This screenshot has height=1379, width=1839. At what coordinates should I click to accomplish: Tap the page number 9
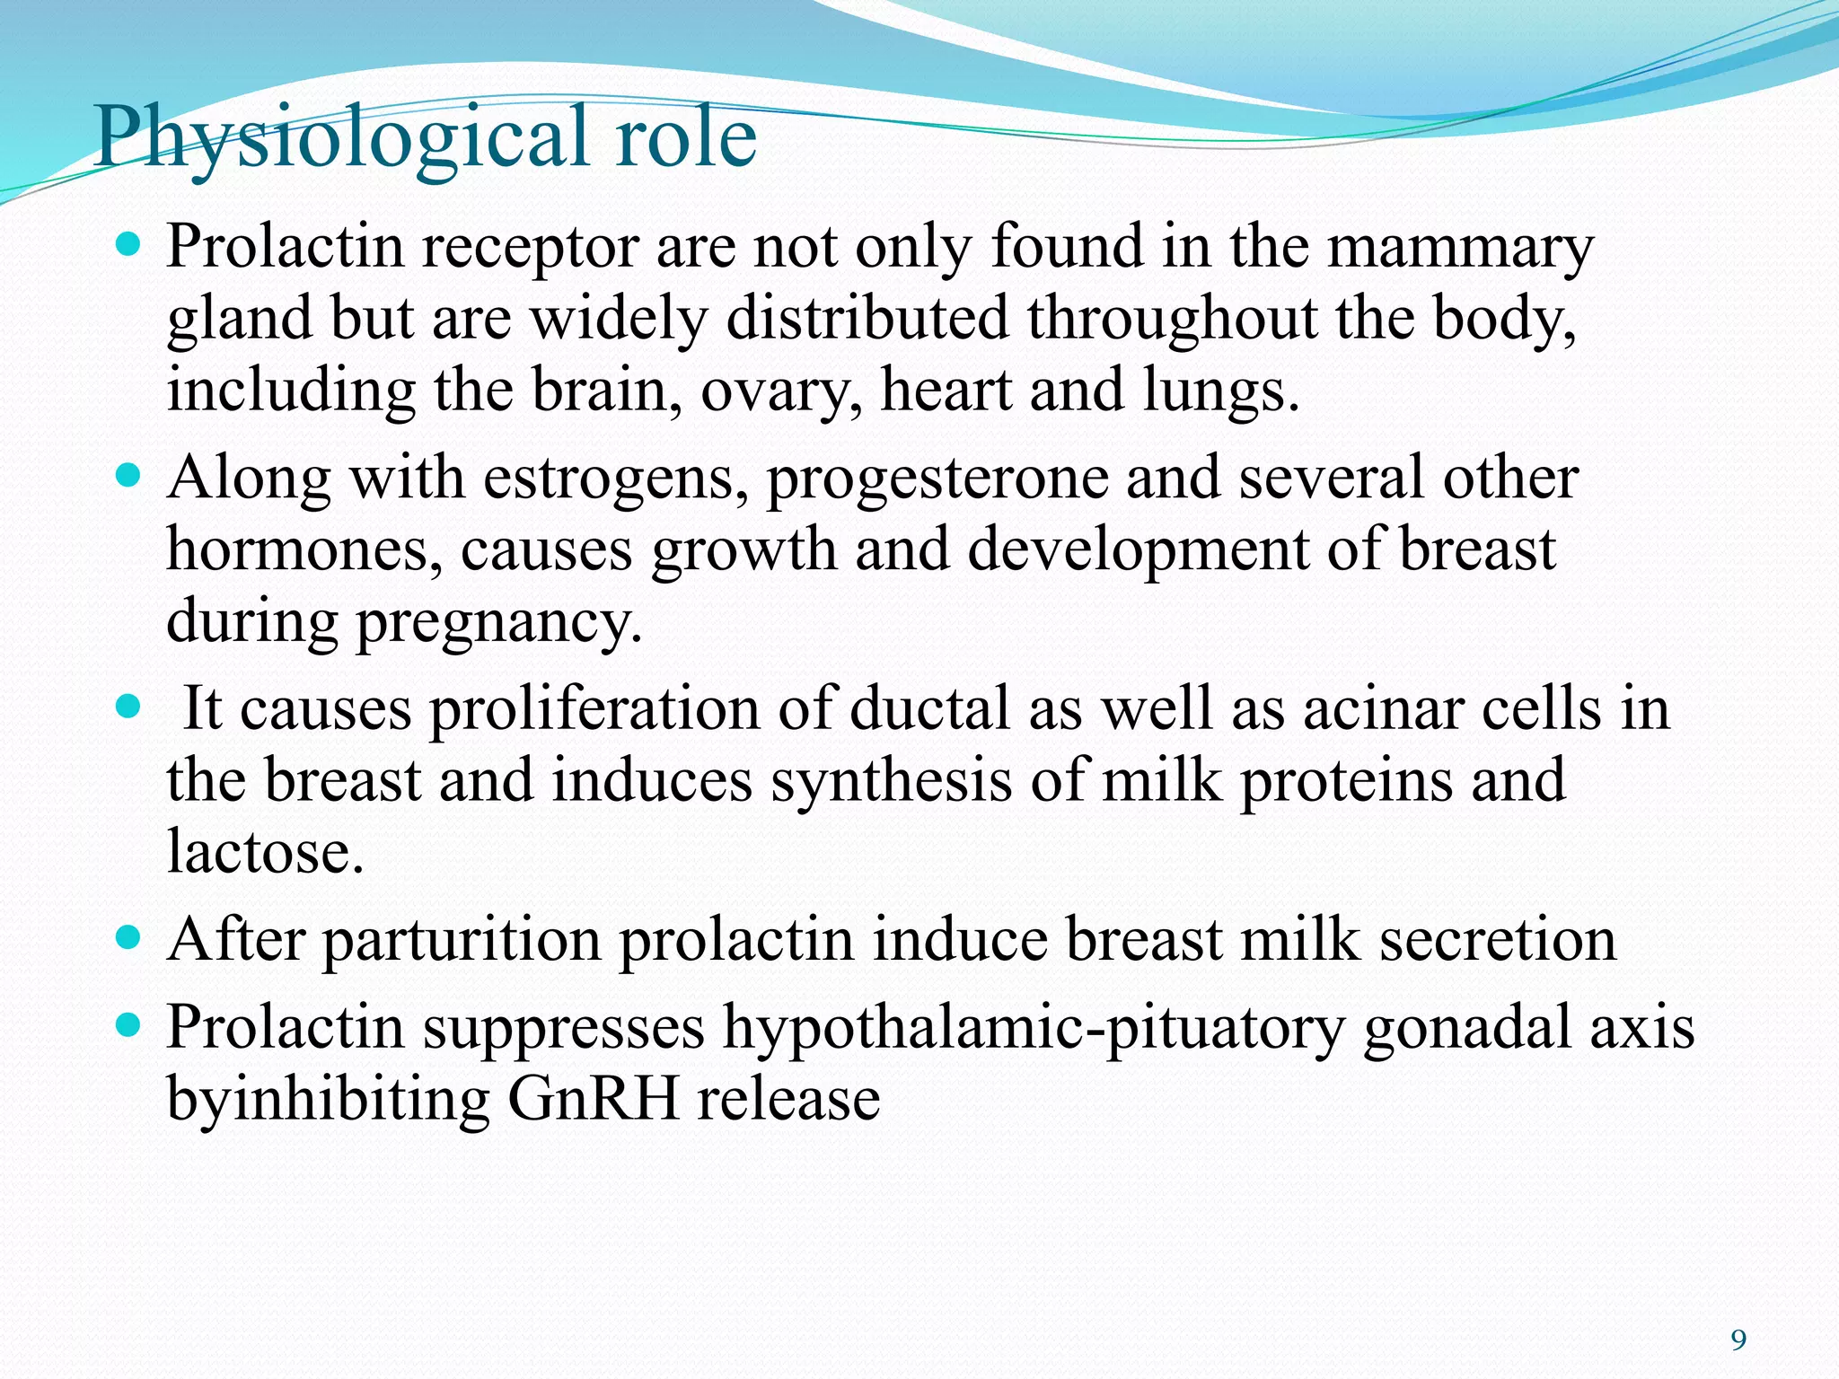pos(1738,1340)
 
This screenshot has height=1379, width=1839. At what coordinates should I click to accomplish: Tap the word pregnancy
pos(499,623)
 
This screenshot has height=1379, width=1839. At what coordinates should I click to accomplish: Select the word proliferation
pos(594,709)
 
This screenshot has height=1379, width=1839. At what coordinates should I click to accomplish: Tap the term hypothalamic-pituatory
pos(1033,1028)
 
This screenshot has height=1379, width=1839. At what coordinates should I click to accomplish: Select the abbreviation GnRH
pos(593,1100)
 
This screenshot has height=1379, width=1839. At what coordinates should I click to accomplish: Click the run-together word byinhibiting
pos(328,1100)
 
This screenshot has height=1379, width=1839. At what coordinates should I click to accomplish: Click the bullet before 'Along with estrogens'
pos(130,473)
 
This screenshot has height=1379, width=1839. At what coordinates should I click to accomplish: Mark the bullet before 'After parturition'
pos(130,937)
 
